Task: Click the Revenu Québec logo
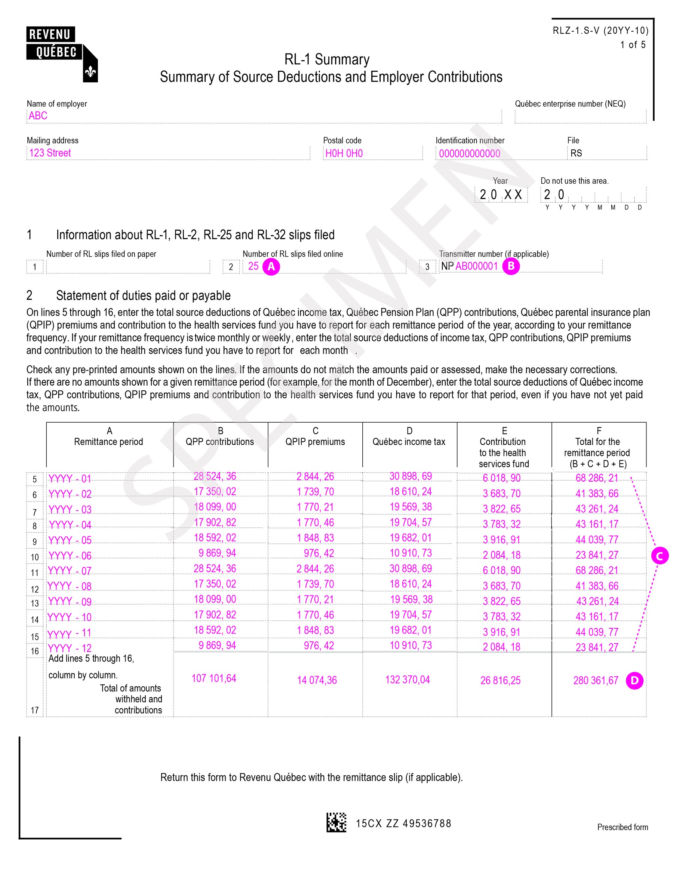[62, 54]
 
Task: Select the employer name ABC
[38, 116]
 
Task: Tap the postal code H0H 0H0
[344, 154]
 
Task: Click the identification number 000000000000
[469, 154]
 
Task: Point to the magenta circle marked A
[271, 266]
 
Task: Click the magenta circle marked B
[511, 266]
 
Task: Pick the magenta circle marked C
[660, 556]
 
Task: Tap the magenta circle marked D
[634, 680]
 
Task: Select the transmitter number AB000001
[476, 266]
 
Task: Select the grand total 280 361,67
[596, 680]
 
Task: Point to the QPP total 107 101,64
[214, 678]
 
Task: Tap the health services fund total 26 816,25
[500, 680]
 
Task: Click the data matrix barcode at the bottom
[336, 822]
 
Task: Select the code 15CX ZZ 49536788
[403, 824]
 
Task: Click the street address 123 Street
[50, 153]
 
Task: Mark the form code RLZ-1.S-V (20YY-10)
[600, 31]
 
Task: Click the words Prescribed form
[623, 827]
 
